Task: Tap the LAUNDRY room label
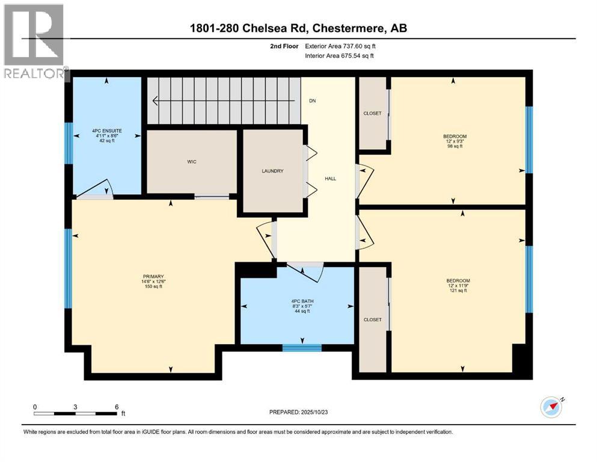tap(272, 171)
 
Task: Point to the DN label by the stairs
tap(312, 101)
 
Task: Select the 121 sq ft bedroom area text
tap(458, 291)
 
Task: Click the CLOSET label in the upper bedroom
tap(372, 114)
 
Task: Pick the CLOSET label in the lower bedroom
tap(372, 319)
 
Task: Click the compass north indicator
tap(552, 406)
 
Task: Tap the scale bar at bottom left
tap(76, 413)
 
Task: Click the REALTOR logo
tap(34, 42)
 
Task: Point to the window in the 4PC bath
tap(302, 346)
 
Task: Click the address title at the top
tap(298, 29)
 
